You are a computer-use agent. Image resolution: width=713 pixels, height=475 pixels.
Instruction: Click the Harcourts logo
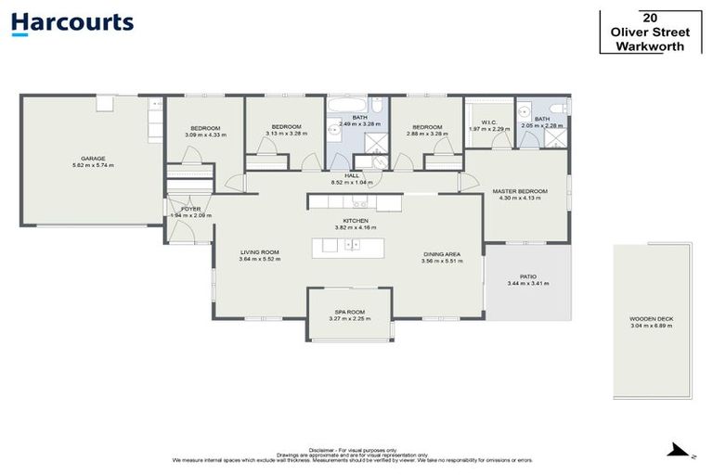tap(72, 24)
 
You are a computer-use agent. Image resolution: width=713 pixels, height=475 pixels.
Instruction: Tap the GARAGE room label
tap(93, 159)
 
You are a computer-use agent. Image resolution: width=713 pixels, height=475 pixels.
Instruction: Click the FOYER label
tap(191, 209)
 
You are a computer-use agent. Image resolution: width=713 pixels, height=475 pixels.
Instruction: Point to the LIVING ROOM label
tap(260, 252)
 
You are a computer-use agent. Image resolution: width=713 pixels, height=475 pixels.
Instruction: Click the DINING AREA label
tap(441, 254)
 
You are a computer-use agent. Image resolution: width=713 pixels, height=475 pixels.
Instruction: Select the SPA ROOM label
tap(349, 312)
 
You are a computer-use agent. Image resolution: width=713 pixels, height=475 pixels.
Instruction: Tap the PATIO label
tap(527, 276)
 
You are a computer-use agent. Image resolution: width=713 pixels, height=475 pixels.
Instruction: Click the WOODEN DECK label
tap(652, 319)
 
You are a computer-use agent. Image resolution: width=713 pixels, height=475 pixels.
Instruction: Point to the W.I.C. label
tap(488, 122)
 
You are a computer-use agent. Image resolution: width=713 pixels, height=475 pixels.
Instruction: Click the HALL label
tap(352, 175)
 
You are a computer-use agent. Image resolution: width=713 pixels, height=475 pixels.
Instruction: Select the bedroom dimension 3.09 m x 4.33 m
tap(205, 135)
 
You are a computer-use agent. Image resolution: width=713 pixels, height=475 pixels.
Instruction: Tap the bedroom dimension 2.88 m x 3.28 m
tap(427, 134)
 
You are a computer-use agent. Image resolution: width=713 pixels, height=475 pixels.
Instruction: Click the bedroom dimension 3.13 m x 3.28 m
tap(286, 134)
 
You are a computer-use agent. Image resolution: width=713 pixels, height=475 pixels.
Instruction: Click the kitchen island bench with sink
tap(348, 247)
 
